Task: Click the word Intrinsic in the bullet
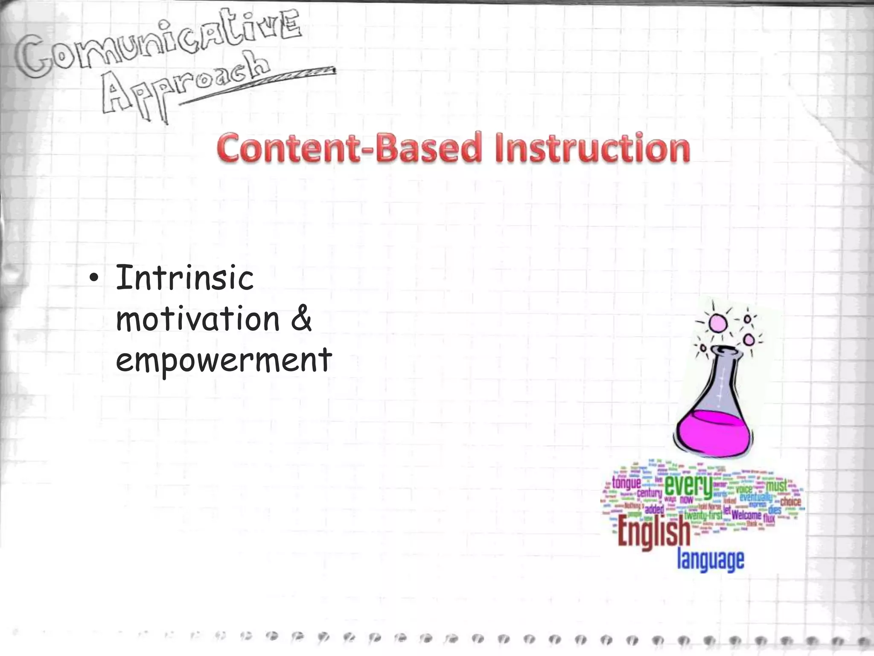click(184, 278)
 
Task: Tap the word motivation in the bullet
click(197, 319)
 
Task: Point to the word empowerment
click(223, 360)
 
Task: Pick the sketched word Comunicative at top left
click(158, 47)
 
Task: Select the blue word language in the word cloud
click(711, 560)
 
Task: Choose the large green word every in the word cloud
click(688, 486)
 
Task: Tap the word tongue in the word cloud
click(626, 483)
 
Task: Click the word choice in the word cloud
click(790, 501)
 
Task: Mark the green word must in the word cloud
click(776, 486)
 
